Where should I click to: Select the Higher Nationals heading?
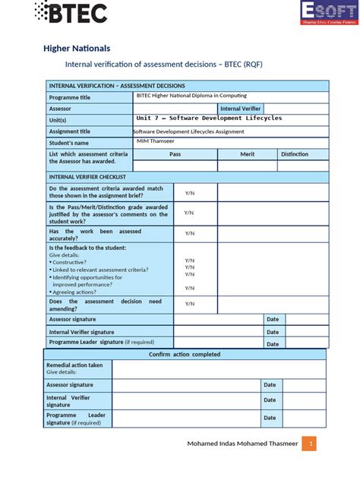tap(77, 49)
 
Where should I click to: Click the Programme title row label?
tap(70, 98)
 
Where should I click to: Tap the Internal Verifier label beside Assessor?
tap(240, 109)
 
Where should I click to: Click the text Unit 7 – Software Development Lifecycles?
tap(209, 118)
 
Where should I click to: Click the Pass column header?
tap(175, 154)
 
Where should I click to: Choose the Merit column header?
tap(248, 154)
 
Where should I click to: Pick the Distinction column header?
tap(295, 154)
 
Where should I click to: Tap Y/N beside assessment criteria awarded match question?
tap(190, 193)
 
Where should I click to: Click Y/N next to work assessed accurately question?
tap(190, 233)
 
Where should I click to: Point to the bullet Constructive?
tap(74, 262)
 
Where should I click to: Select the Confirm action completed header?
tap(185, 354)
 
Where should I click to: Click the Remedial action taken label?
tap(74, 365)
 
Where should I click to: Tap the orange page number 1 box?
tap(308, 444)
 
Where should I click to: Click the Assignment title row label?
tap(70, 131)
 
